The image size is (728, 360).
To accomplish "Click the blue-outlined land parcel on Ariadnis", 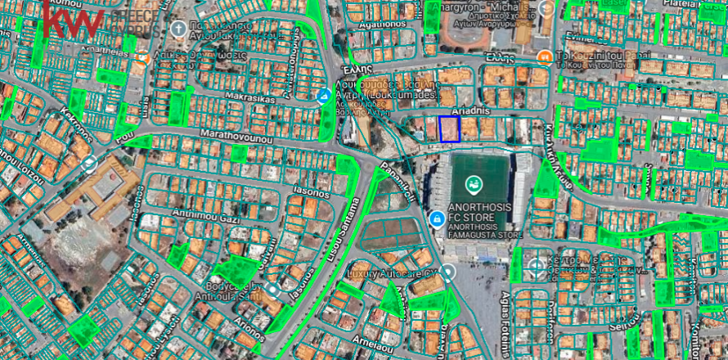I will tap(450, 128).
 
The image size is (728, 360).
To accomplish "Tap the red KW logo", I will tap(73, 19).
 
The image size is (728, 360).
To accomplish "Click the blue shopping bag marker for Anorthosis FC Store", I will tap(438, 219).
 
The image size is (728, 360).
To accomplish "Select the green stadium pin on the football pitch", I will tap(472, 183).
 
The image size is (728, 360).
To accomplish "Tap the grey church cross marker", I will tap(178, 29).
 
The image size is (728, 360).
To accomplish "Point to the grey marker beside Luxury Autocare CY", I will tap(448, 274).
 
